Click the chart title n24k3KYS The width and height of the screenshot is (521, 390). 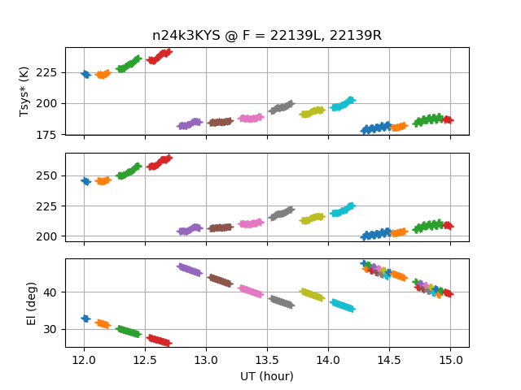point(267,36)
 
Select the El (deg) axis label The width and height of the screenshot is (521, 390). point(31,303)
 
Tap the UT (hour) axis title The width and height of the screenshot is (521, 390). point(267,376)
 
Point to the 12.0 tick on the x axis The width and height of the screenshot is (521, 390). point(84,360)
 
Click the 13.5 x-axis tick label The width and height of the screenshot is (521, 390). point(267,360)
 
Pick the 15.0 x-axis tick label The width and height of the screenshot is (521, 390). point(451,360)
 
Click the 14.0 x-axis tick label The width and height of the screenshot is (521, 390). point(329,360)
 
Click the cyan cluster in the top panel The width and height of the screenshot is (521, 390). point(342,104)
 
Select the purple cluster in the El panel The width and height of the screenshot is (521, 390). point(189,268)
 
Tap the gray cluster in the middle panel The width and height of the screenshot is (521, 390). point(281,214)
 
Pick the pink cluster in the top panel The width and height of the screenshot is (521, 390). point(251,118)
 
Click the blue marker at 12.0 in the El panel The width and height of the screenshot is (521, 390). point(85,318)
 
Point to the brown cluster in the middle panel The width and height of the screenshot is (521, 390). point(220,227)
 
